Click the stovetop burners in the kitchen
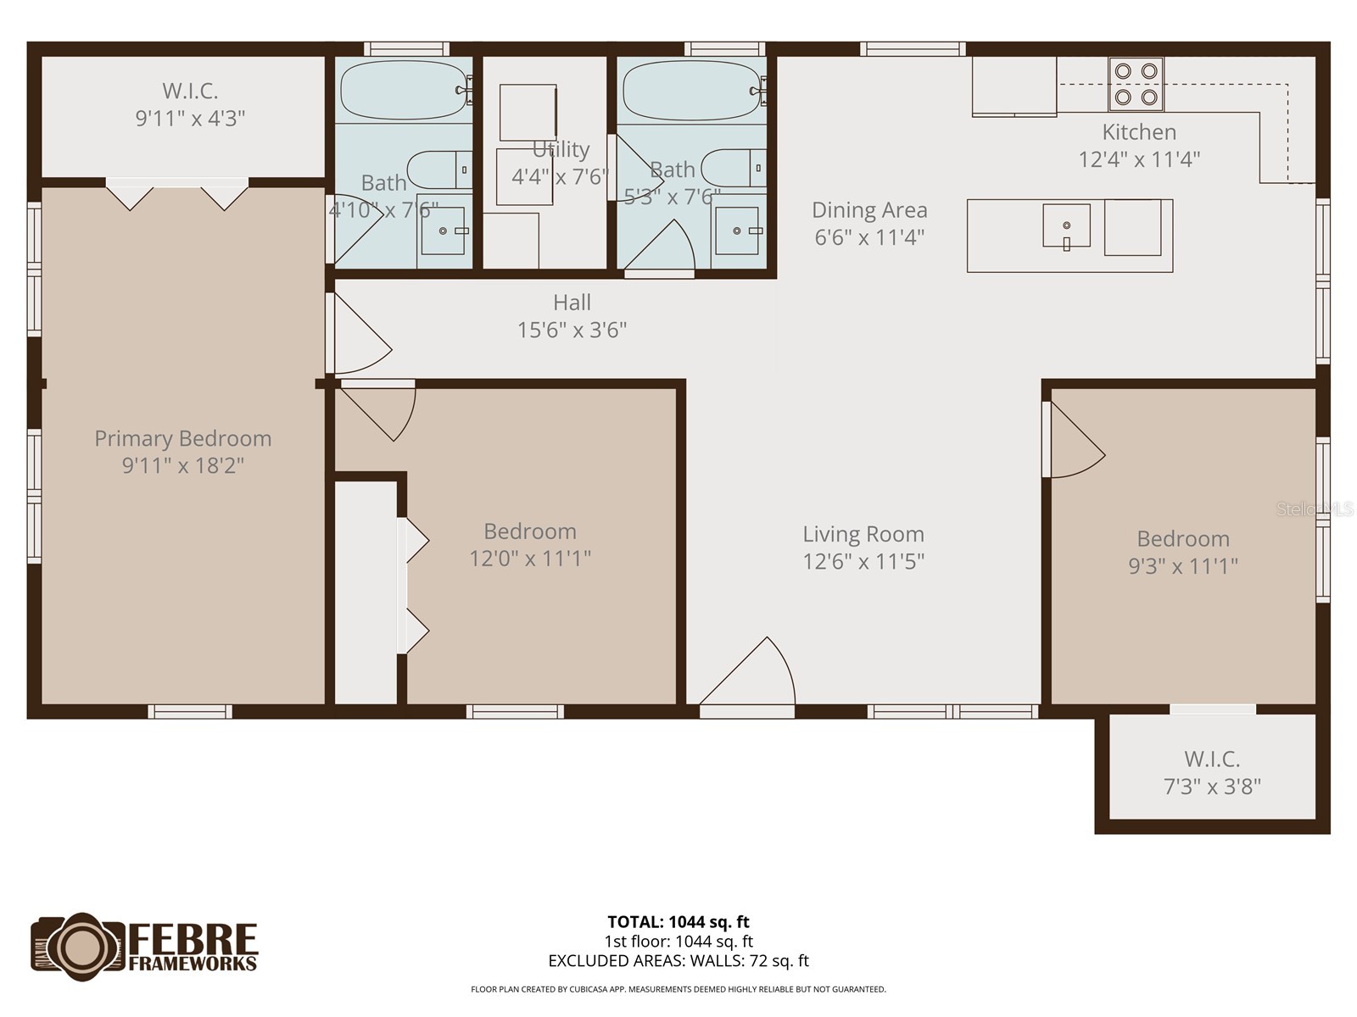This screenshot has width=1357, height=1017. [1136, 84]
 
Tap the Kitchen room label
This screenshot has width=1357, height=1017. [1139, 132]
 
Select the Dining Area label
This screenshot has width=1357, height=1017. [869, 210]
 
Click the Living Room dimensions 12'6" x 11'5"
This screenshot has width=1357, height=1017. [863, 561]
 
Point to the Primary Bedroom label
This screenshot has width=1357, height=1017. [183, 438]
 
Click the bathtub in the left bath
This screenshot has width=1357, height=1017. [404, 90]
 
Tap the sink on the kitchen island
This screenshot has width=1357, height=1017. [1066, 226]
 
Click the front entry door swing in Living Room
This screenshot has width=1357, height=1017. [751, 674]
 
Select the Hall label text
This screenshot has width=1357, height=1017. [572, 303]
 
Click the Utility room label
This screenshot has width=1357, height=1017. [561, 150]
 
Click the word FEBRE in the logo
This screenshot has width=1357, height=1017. [193, 939]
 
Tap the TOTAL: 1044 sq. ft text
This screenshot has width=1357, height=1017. [678, 922]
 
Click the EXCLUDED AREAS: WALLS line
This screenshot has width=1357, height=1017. [678, 961]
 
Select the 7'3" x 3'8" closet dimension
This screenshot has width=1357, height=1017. [1212, 786]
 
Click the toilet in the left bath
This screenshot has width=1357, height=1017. [439, 170]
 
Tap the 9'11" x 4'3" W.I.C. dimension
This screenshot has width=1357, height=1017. [191, 118]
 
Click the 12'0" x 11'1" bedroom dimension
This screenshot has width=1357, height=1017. [530, 559]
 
